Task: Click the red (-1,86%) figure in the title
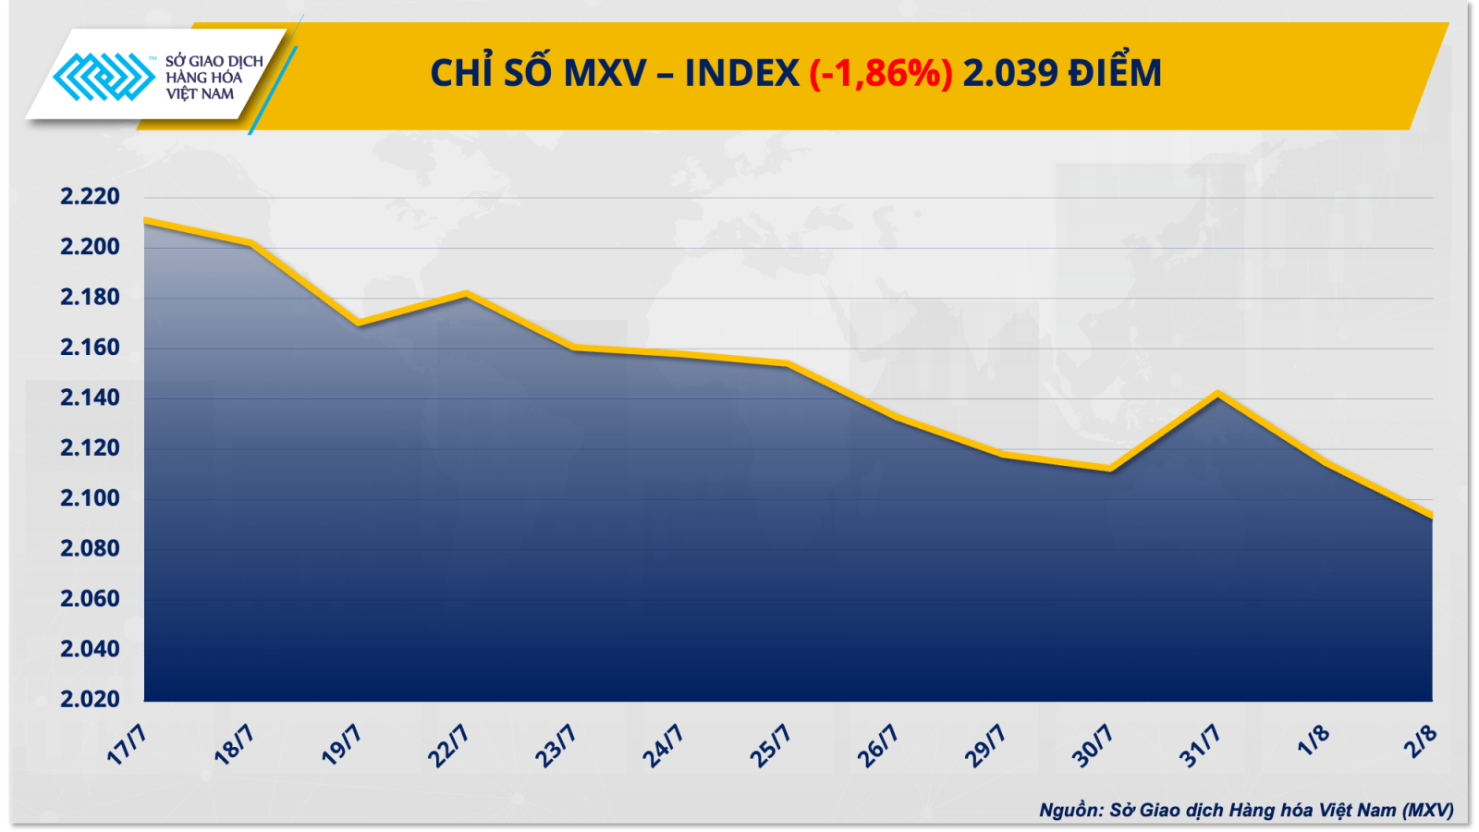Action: click(x=880, y=73)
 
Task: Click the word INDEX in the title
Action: click(x=741, y=73)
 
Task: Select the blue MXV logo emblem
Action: click(x=104, y=77)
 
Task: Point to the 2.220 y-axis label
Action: click(x=90, y=196)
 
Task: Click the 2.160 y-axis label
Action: click(x=90, y=348)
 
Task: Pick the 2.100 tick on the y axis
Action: click(x=90, y=498)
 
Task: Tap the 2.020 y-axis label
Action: click(x=90, y=699)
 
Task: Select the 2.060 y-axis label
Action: click(x=90, y=599)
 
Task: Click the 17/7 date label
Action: click(x=128, y=745)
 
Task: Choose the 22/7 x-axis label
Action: click(x=449, y=745)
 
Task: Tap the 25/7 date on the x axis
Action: click(x=771, y=745)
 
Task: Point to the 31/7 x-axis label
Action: click(x=1200, y=745)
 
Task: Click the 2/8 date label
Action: click(x=1421, y=740)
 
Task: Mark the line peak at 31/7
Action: click(x=1218, y=394)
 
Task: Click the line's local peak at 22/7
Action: click(x=467, y=294)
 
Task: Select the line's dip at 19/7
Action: click(x=359, y=324)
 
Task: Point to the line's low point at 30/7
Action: click(x=1110, y=470)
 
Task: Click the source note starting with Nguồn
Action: click(x=1246, y=811)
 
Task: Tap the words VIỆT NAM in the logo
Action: click(x=201, y=94)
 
